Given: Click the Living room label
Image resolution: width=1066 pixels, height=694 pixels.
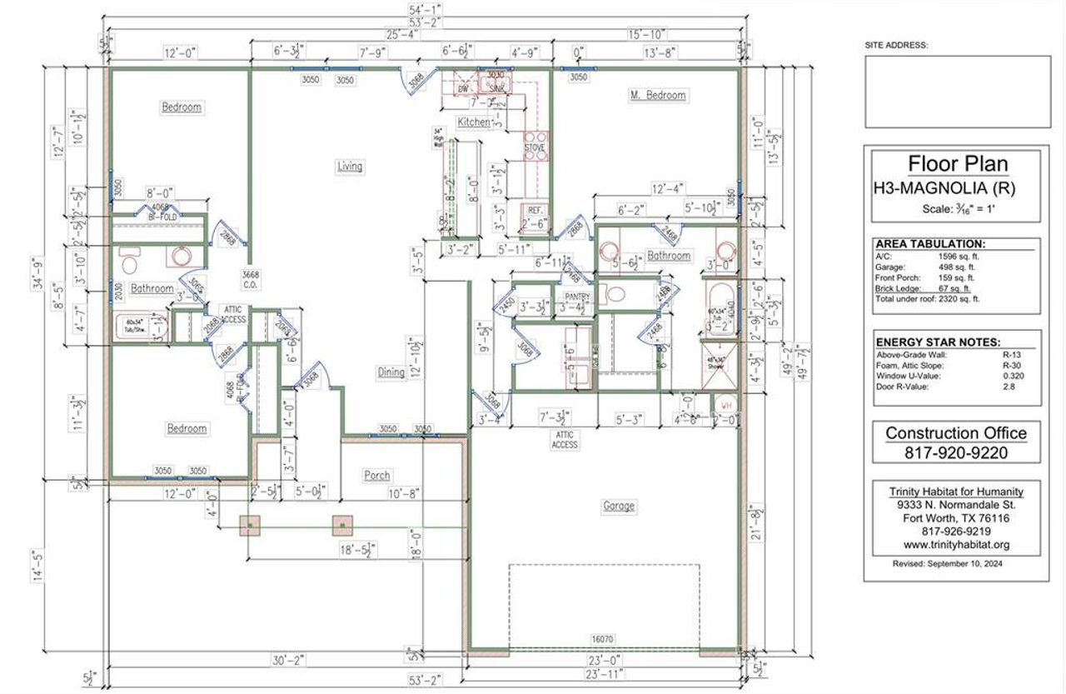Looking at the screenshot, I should (x=350, y=166).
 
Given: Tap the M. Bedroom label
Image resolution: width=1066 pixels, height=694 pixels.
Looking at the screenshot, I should (x=657, y=95).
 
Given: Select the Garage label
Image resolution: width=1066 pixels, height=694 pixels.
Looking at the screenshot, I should (x=619, y=506).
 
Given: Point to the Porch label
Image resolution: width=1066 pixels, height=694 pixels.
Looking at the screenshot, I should (x=376, y=476).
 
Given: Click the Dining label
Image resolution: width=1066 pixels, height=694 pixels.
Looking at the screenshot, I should (x=391, y=372).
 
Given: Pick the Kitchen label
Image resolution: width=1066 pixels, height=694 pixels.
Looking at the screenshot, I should (x=474, y=122).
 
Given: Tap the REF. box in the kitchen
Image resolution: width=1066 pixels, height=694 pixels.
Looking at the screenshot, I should (x=535, y=215).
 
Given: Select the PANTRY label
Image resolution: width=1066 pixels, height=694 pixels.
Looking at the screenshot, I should (x=576, y=296).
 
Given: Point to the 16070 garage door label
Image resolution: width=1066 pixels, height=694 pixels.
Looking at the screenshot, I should (x=602, y=639).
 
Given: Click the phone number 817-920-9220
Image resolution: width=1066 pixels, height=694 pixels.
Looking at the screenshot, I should (x=956, y=453).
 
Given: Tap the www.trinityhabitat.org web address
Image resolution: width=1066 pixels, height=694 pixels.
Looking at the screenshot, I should (x=956, y=545).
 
